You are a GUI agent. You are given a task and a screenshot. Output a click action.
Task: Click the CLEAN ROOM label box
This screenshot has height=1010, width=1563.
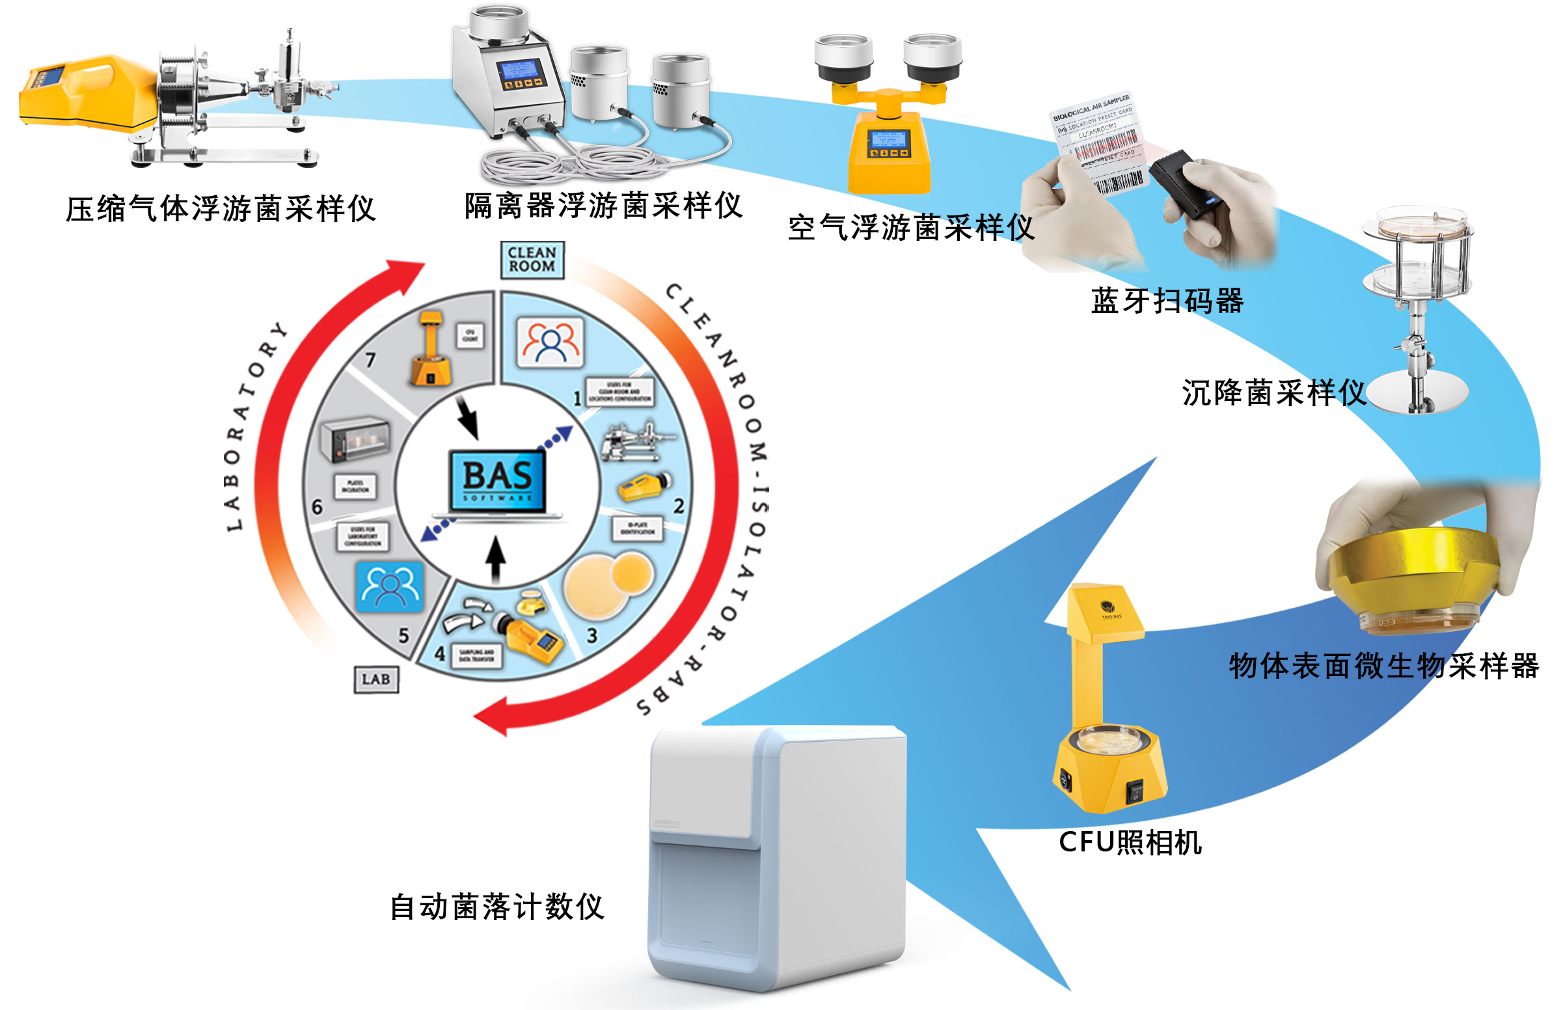pos(532,260)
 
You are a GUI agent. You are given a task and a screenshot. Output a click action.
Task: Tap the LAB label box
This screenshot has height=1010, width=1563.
pos(375,679)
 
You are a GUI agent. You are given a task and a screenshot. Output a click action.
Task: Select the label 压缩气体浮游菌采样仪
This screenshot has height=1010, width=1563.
pos(221,208)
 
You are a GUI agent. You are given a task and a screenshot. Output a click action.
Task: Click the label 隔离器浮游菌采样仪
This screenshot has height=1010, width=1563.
pos(603,205)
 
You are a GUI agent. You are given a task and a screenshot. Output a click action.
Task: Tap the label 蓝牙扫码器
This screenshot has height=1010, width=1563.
pos(1166,301)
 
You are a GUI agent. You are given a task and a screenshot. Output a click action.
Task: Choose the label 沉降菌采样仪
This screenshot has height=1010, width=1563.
pos(1273,393)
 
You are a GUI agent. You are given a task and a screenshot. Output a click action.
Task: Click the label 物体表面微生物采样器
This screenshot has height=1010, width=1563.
pos(1383,666)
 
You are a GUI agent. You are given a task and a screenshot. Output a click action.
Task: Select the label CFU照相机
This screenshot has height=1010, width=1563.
pos(1130,842)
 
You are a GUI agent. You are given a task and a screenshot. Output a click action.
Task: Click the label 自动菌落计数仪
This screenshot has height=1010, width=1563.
pos(496,907)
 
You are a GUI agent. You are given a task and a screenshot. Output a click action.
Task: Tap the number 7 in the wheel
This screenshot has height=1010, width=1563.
pos(370,359)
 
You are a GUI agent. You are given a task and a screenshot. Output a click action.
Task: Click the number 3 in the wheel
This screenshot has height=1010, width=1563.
pos(591,635)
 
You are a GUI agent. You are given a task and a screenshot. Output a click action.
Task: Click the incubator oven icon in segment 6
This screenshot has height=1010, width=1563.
pos(355,439)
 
